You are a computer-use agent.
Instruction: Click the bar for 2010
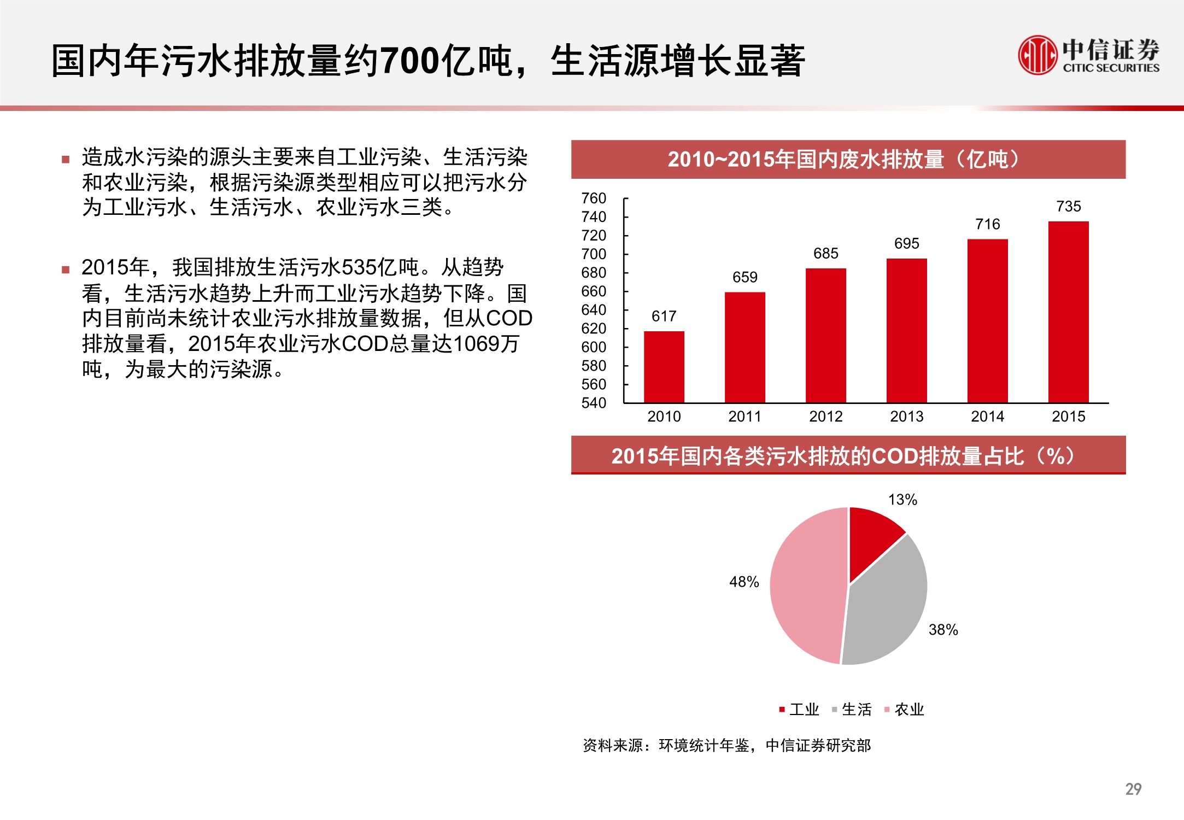coord(664,367)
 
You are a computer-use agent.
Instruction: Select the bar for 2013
coord(906,331)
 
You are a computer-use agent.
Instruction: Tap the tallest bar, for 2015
coord(1068,312)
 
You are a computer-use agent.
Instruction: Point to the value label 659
coord(745,277)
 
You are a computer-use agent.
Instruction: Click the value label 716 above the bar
coord(987,224)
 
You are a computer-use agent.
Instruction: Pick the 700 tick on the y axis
coord(594,254)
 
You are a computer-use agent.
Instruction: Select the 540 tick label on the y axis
coord(594,403)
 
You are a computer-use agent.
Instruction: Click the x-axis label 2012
coord(825,417)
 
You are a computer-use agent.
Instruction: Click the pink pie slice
coord(806,585)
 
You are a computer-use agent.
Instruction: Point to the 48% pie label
coord(744,582)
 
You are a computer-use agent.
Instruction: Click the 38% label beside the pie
coord(943,630)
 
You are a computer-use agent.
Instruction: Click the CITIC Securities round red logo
coord(1037,55)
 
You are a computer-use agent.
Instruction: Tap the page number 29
coord(1133,789)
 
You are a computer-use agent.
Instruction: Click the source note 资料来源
coord(612,745)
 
